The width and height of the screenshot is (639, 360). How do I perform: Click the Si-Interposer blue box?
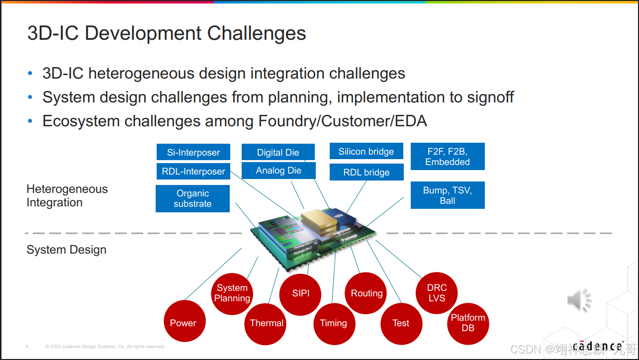[193, 152]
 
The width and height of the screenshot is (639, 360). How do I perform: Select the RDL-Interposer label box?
[193, 172]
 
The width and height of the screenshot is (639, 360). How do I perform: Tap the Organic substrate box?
[192, 198]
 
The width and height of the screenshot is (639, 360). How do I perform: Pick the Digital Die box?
[278, 152]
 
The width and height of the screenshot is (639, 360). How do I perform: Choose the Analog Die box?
[278, 171]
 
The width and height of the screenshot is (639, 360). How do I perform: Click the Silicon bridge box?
[366, 151]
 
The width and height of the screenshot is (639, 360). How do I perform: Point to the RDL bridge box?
[366, 172]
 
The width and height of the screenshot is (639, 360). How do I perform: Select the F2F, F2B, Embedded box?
[447, 156]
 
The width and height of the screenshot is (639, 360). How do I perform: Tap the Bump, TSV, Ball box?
[447, 195]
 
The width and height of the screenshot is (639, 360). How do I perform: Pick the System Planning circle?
[232, 293]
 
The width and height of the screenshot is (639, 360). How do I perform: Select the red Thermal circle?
[267, 323]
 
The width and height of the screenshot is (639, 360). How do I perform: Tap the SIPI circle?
[301, 293]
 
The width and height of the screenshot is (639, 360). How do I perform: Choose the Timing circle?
[333, 323]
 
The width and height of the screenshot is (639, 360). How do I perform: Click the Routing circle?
[366, 293]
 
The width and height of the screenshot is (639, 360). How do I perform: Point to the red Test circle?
[401, 323]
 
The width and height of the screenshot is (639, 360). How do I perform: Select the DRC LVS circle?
[437, 293]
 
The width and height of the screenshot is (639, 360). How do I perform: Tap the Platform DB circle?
[468, 323]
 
